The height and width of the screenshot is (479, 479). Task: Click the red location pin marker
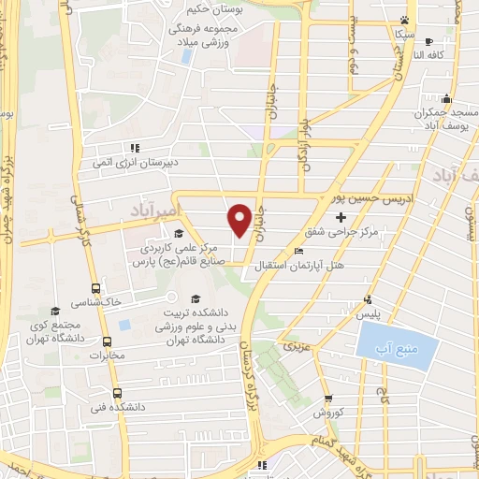click(x=239, y=219)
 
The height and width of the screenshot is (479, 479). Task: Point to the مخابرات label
click(x=106, y=356)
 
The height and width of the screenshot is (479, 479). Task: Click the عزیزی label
click(x=296, y=346)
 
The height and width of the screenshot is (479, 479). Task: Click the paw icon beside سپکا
click(x=404, y=19)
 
